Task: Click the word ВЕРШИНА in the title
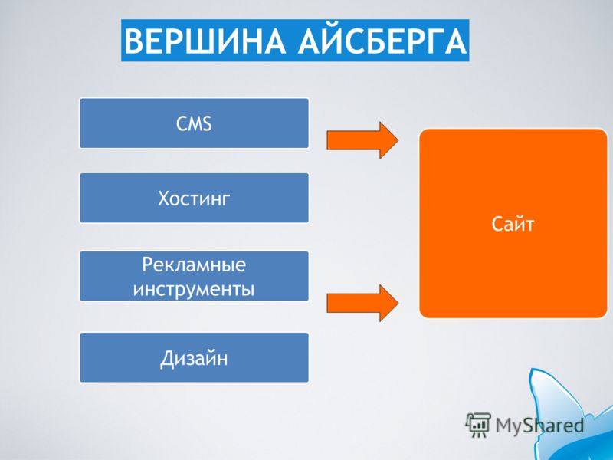click(x=205, y=41)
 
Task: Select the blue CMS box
click(x=194, y=123)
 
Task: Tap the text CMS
click(x=194, y=123)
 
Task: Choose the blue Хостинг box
click(x=194, y=198)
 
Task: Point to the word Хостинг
click(x=194, y=199)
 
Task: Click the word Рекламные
click(x=194, y=264)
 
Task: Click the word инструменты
click(x=194, y=290)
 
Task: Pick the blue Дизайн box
click(x=194, y=357)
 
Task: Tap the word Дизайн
click(x=194, y=358)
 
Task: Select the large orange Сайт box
click(x=513, y=223)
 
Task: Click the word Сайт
click(x=513, y=224)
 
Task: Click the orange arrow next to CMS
click(x=362, y=140)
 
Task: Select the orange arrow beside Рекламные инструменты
click(x=362, y=303)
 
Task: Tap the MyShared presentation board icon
click(x=477, y=425)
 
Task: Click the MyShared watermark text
click(x=539, y=426)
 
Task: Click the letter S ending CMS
click(x=207, y=124)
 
